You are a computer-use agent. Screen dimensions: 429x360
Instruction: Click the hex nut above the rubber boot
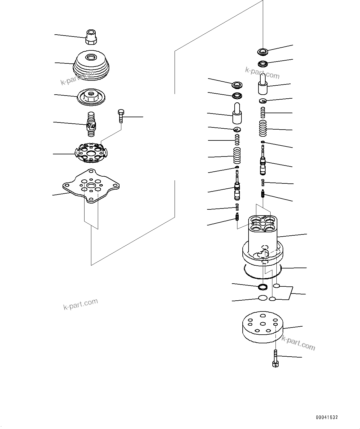click(91, 37)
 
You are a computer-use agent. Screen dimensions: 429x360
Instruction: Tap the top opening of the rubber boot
click(92, 57)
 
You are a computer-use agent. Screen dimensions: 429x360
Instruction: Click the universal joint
click(91, 124)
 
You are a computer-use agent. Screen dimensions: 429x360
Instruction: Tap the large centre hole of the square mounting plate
click(91, 186)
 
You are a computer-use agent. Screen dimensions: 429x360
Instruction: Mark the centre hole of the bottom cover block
click(263, 324)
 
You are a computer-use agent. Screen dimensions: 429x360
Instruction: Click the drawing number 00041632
click(327, 417)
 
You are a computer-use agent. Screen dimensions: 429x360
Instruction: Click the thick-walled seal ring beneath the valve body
click(263, 287)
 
